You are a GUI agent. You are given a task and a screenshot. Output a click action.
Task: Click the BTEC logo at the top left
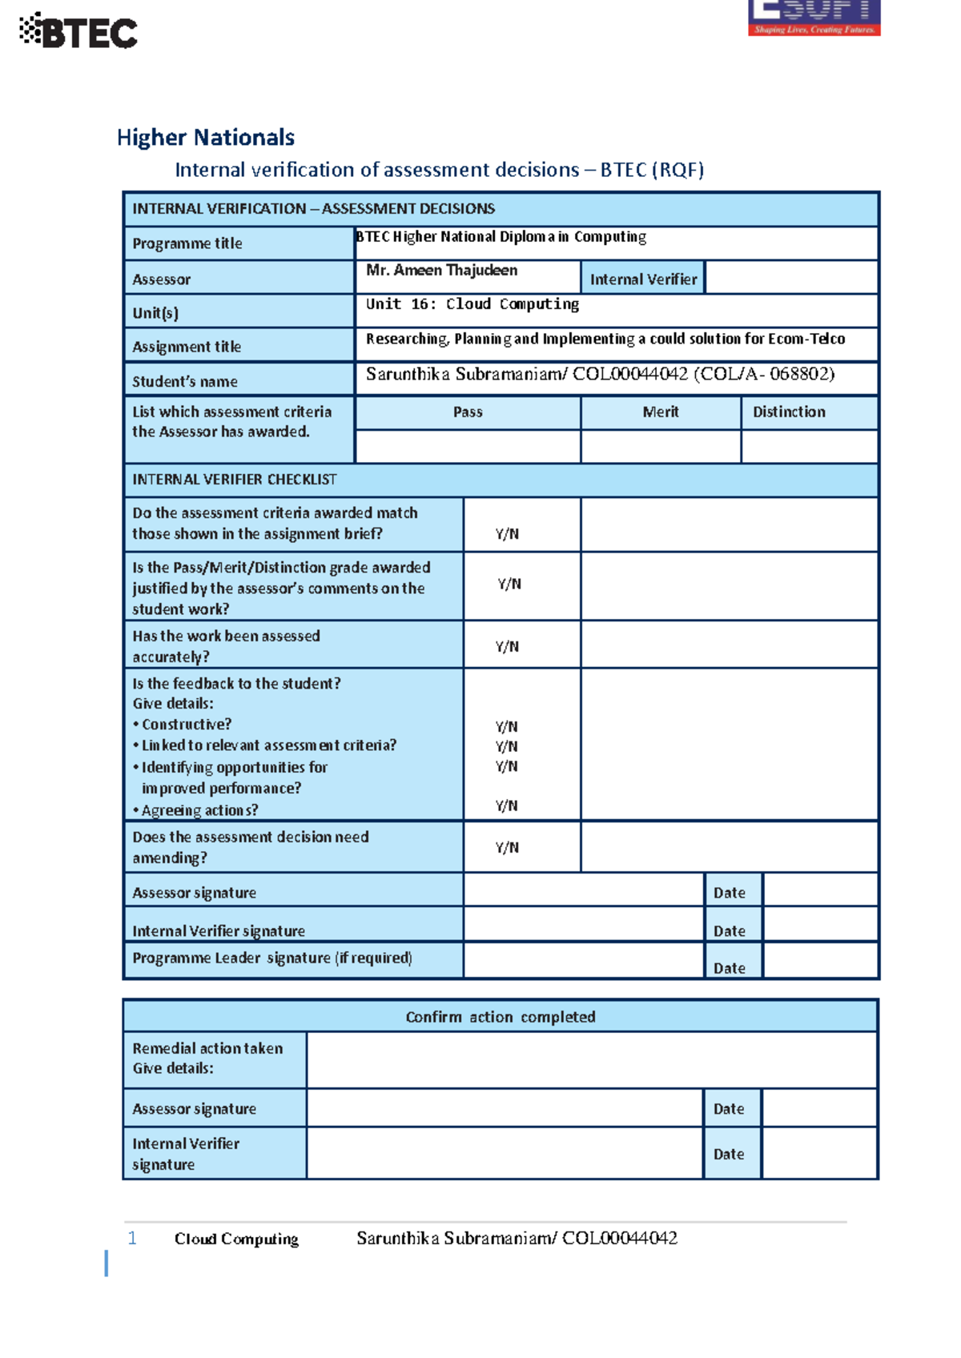[x=78, y=32]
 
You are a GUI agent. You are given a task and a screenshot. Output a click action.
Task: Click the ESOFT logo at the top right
[x=814, y=18]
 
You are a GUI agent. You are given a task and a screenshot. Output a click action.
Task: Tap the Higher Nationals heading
[x=206, y=138]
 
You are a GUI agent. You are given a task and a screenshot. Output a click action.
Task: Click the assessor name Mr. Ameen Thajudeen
[x=441, y=271]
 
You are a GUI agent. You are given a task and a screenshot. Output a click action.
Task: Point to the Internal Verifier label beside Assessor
[x=643, y=279]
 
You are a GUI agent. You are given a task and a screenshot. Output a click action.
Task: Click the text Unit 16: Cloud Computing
[x=472, y=304]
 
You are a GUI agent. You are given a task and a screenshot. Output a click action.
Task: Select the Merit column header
[x=660, y=412]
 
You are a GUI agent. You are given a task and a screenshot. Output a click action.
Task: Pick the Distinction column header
[x=789, y=412]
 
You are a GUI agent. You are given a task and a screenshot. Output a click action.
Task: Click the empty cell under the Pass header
[x=468, y=447]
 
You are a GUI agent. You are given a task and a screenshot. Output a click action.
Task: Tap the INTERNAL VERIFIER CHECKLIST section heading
[x=235, y=480]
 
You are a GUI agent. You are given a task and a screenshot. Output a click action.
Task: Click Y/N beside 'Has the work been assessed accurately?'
[x=507, y=647]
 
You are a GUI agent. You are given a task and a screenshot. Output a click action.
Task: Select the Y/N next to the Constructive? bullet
[x=506, y=727]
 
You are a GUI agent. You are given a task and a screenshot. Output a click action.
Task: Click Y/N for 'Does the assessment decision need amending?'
[x=507, y=848]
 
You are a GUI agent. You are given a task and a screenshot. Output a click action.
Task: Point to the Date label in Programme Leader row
[x=729, y=968]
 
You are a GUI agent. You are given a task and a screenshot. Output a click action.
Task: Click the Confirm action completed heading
[x=501, y=1017]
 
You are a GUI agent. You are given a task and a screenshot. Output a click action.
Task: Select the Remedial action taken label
[x=207, y=1049]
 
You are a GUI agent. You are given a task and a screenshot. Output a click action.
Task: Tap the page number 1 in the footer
[x=132, y=1239]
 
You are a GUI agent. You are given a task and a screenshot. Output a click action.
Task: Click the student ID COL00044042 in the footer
[x=619, y=1239]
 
